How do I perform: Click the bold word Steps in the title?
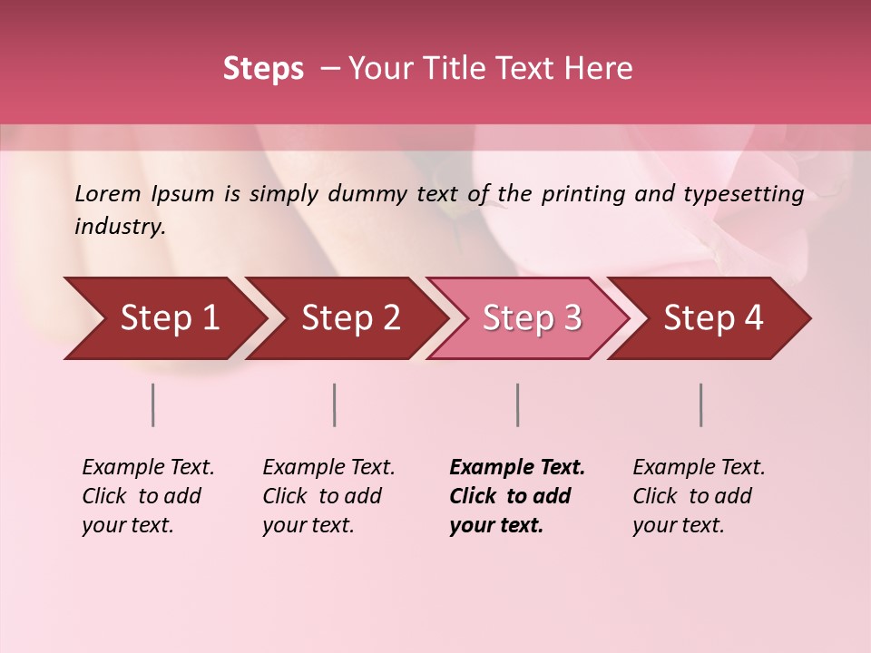coord(263,69)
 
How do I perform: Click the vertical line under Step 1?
coord(153,404)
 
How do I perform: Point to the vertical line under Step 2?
coord(335,404)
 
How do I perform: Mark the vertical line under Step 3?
coord(518,404)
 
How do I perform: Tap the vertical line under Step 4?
coord(701,404)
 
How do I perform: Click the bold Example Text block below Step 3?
coord(517,496)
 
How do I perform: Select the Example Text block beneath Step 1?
coord(148,496)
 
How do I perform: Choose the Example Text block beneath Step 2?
coord(328,496)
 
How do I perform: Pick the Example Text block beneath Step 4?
coord(699,496)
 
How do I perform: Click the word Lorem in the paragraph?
coord(107,193)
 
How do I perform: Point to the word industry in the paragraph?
coord(120,227)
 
